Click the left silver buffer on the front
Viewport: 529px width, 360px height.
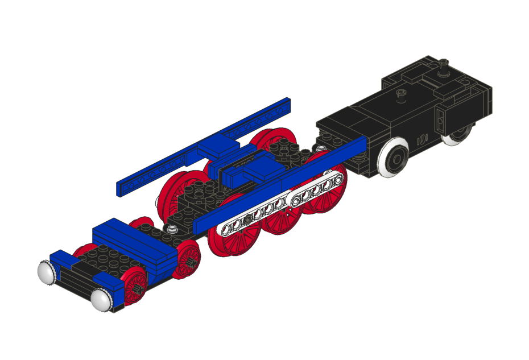[47, 271]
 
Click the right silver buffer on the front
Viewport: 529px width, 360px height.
[100, 300]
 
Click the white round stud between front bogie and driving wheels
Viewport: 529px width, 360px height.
[172, 229]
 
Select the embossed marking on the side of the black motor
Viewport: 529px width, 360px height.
[422, 138]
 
